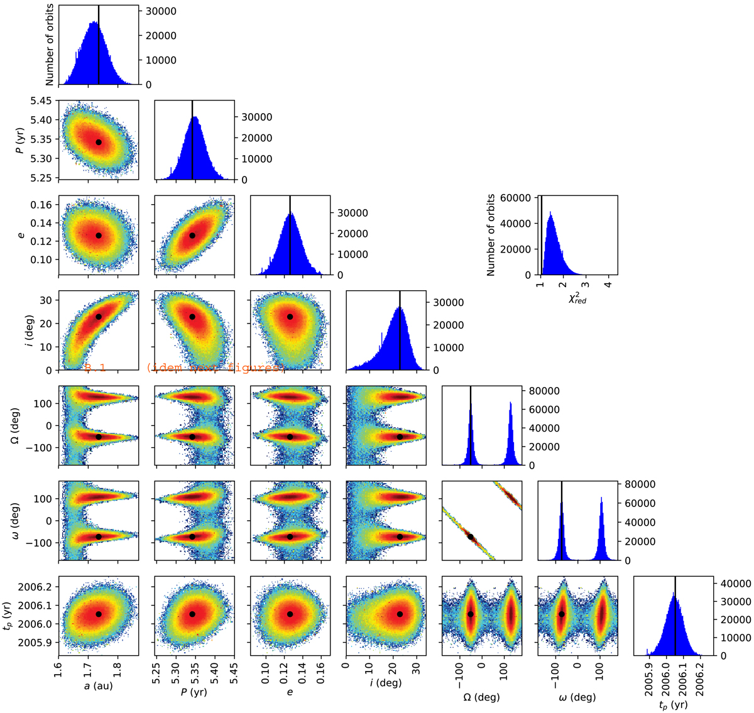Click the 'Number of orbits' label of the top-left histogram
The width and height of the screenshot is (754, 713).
tap(50, 45)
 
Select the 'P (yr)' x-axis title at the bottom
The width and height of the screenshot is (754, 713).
tap(194, 692)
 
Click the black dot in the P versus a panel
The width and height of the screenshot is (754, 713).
tap(99, 142)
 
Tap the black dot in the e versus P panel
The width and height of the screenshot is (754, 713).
tap(192, 236)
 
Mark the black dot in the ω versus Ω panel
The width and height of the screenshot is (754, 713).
tap(470, 536)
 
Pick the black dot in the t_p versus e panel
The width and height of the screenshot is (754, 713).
tap(290, 614)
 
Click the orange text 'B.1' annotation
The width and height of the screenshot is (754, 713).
tap(95, 368)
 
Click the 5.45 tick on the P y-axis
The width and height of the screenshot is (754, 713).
tap(43, 101)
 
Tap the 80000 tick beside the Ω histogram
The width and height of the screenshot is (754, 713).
tap(545, 391)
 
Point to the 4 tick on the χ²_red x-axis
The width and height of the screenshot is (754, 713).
tap(608, 285)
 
